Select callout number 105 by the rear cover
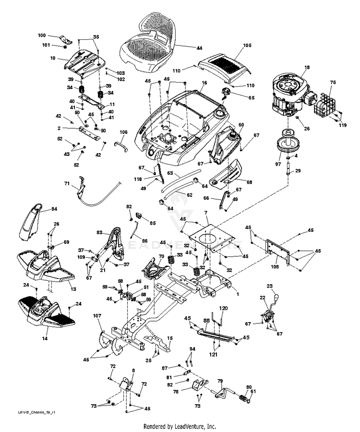click(247, 45)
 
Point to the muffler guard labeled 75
click(324, 104)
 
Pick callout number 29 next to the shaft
click(298, 171)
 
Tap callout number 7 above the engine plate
click(206, 212)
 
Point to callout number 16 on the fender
click(204, 83)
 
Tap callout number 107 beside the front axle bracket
click(97, 316)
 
